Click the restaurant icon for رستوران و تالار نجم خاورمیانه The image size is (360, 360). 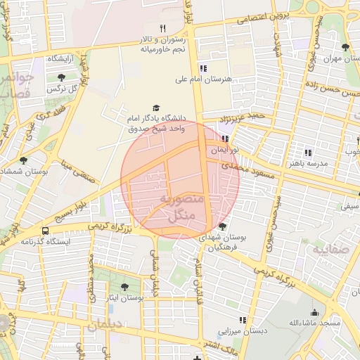162,28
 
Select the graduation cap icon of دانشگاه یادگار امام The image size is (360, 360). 155,108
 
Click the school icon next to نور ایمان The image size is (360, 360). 224,139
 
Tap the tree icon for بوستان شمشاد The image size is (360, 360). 23,160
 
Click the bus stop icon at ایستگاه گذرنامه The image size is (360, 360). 46,230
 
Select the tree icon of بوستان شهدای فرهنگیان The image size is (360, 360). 223,226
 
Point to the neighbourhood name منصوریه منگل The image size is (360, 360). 181,207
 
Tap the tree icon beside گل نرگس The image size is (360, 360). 63,77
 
